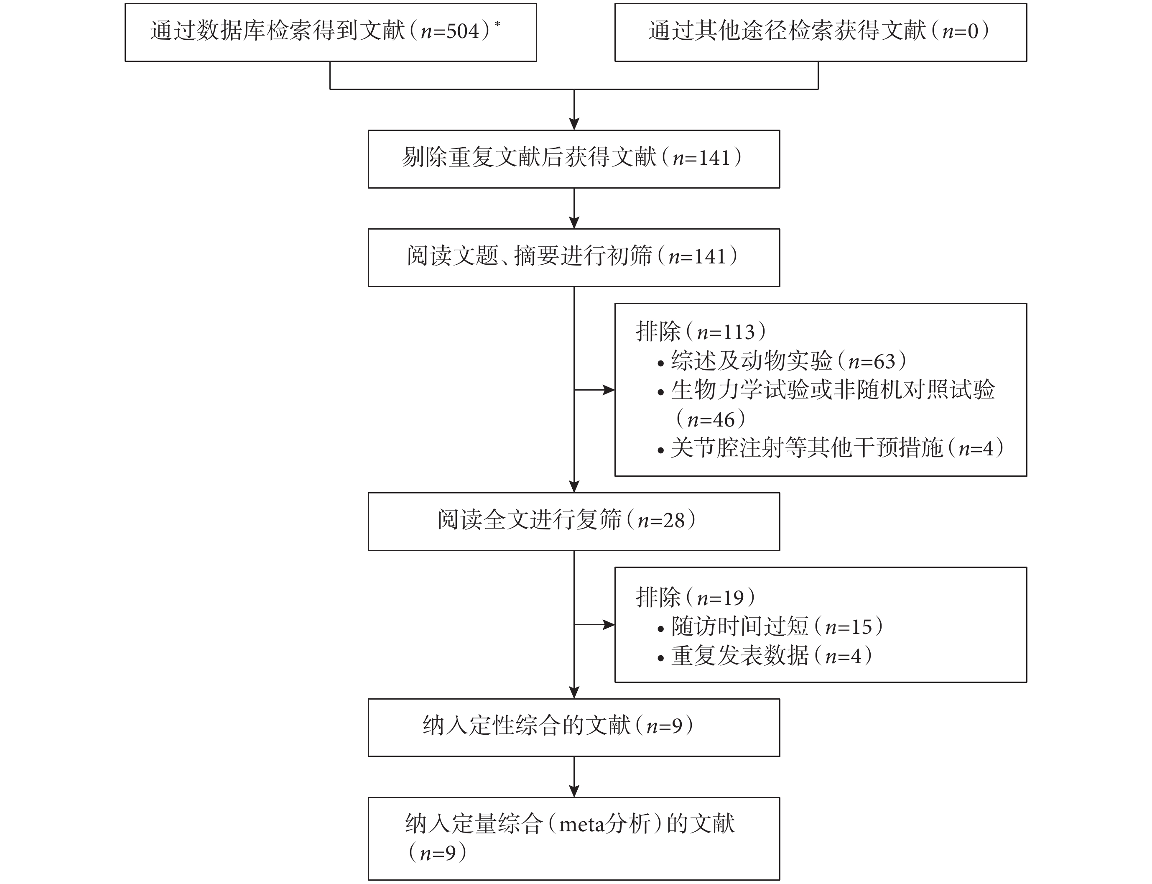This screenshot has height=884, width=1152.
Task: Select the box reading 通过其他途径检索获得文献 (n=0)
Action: (821, 33)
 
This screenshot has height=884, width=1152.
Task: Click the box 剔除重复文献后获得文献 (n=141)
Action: (574, 159)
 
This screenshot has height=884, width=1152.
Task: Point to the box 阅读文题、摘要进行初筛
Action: (574, 258)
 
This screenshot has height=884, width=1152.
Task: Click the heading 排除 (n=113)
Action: (701, 332)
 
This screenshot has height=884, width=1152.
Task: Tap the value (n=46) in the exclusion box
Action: (710, 419)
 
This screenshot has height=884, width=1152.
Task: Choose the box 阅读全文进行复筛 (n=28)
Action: (574, 521)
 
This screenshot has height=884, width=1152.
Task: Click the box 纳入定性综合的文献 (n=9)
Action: (574, 728)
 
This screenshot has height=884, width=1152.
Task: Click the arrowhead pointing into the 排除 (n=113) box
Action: (609, 390)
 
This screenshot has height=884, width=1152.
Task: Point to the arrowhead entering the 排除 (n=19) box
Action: (609, 625)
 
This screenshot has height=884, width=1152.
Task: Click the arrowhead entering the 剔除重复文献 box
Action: (574, 124)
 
